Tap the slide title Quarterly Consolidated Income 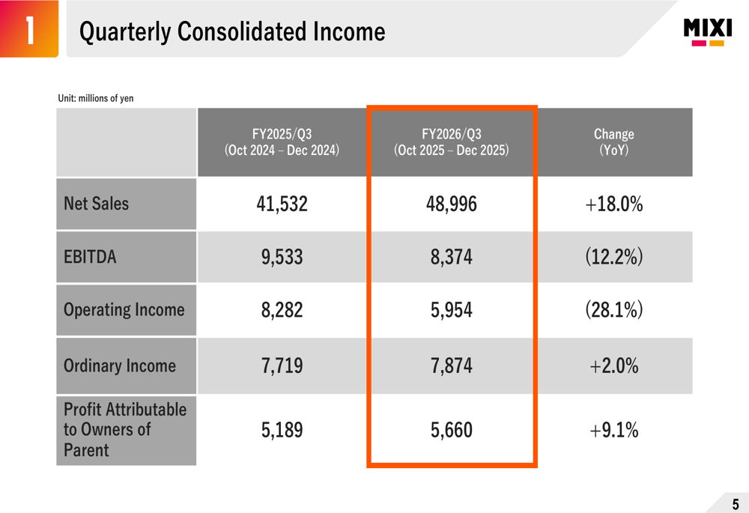tap(232, 31)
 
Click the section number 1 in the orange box tap(28, 31)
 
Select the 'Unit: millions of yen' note tap(96, 98)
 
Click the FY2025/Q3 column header tap(282, 142)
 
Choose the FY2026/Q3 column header tap(451, 142)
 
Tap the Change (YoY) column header tap(613, 142)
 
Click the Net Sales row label tap(97, 204)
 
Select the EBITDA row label tap(90, 257)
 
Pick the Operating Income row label tap(124, 310)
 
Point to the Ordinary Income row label tap(120, 366)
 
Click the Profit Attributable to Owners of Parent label tap(124, 430)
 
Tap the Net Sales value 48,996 tap(451, 204)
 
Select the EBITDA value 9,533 tap(282, 258)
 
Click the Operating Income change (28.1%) tap(613, 310)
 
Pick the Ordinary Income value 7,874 tap(451, 366)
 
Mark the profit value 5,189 tap(282, 431)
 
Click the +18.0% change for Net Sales tap(613, 204)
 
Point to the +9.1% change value tap(613, 431)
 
